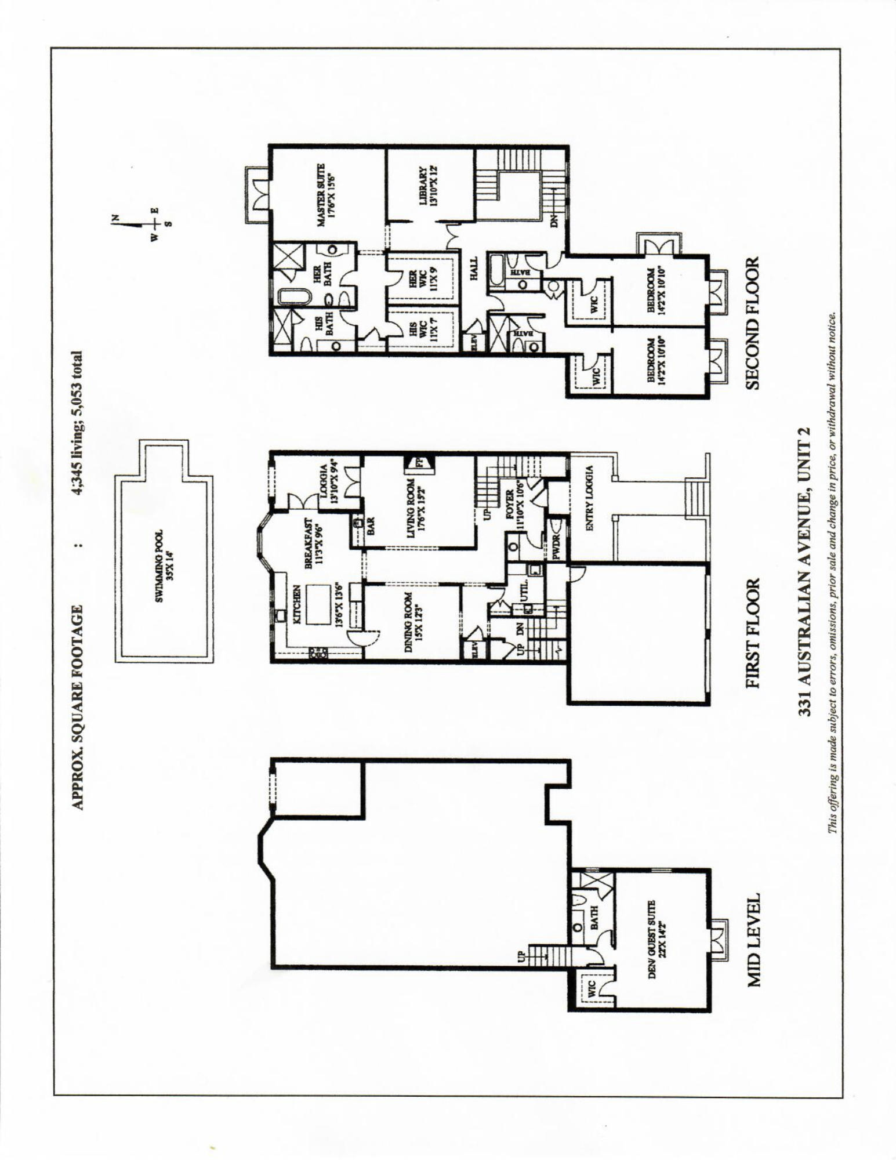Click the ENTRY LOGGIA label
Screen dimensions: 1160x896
591,503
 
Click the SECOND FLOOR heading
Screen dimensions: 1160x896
753,324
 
